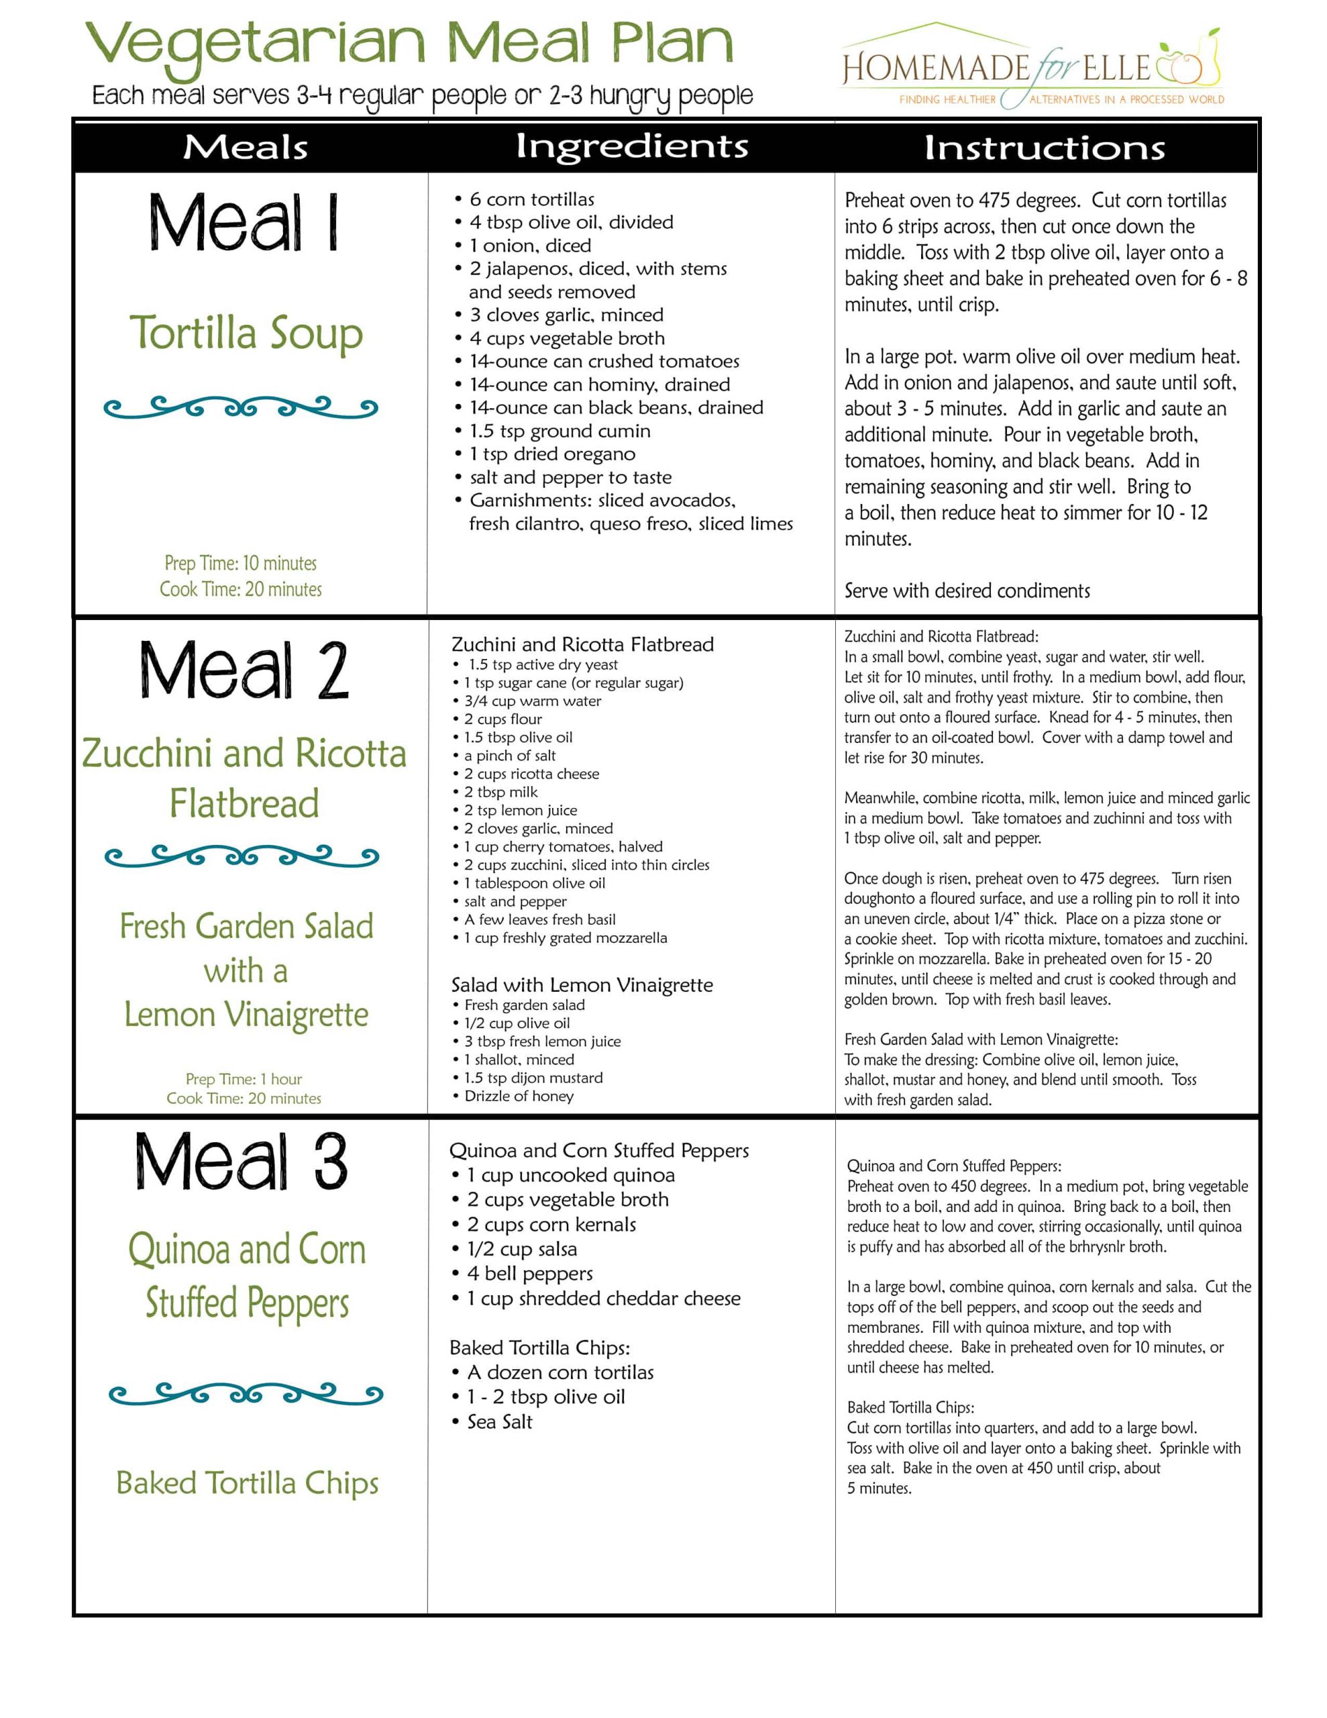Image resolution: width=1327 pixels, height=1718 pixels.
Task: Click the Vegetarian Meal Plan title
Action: click(x=409, y=44)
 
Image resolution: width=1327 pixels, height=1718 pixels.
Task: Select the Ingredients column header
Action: click(x=632, y=146)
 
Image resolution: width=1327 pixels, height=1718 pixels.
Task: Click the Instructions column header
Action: click(x=1044, y=148)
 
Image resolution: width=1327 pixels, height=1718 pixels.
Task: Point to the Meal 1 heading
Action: click(x=244, y=223)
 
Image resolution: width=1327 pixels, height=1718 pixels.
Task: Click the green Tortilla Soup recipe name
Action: click(x=246, y=334)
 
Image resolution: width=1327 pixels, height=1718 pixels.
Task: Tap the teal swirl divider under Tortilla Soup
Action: click(x=241, y=407)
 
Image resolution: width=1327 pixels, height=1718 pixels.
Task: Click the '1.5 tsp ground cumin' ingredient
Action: click(x=560, y=431)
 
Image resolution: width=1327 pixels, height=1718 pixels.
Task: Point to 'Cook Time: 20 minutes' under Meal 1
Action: click(x=241, y=589)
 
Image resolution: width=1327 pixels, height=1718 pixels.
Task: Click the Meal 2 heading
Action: click(x=244, y=670)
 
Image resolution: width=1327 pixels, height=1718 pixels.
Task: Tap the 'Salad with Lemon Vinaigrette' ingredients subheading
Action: click(x=582, y=985)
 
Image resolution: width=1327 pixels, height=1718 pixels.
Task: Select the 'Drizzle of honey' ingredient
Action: click(x=519, y=1097)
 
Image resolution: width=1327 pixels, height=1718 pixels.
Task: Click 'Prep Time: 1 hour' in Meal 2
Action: click(x=244, y=1079)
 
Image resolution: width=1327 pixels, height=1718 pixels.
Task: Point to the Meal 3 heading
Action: click(x=242, y=1162)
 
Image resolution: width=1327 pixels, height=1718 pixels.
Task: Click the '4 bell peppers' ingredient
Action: click(x=529, y=1274)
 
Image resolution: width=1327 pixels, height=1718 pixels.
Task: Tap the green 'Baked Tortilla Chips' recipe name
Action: click(x=247, y=1484)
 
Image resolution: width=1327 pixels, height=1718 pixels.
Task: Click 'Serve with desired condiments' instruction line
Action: click(x=967, y=591)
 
